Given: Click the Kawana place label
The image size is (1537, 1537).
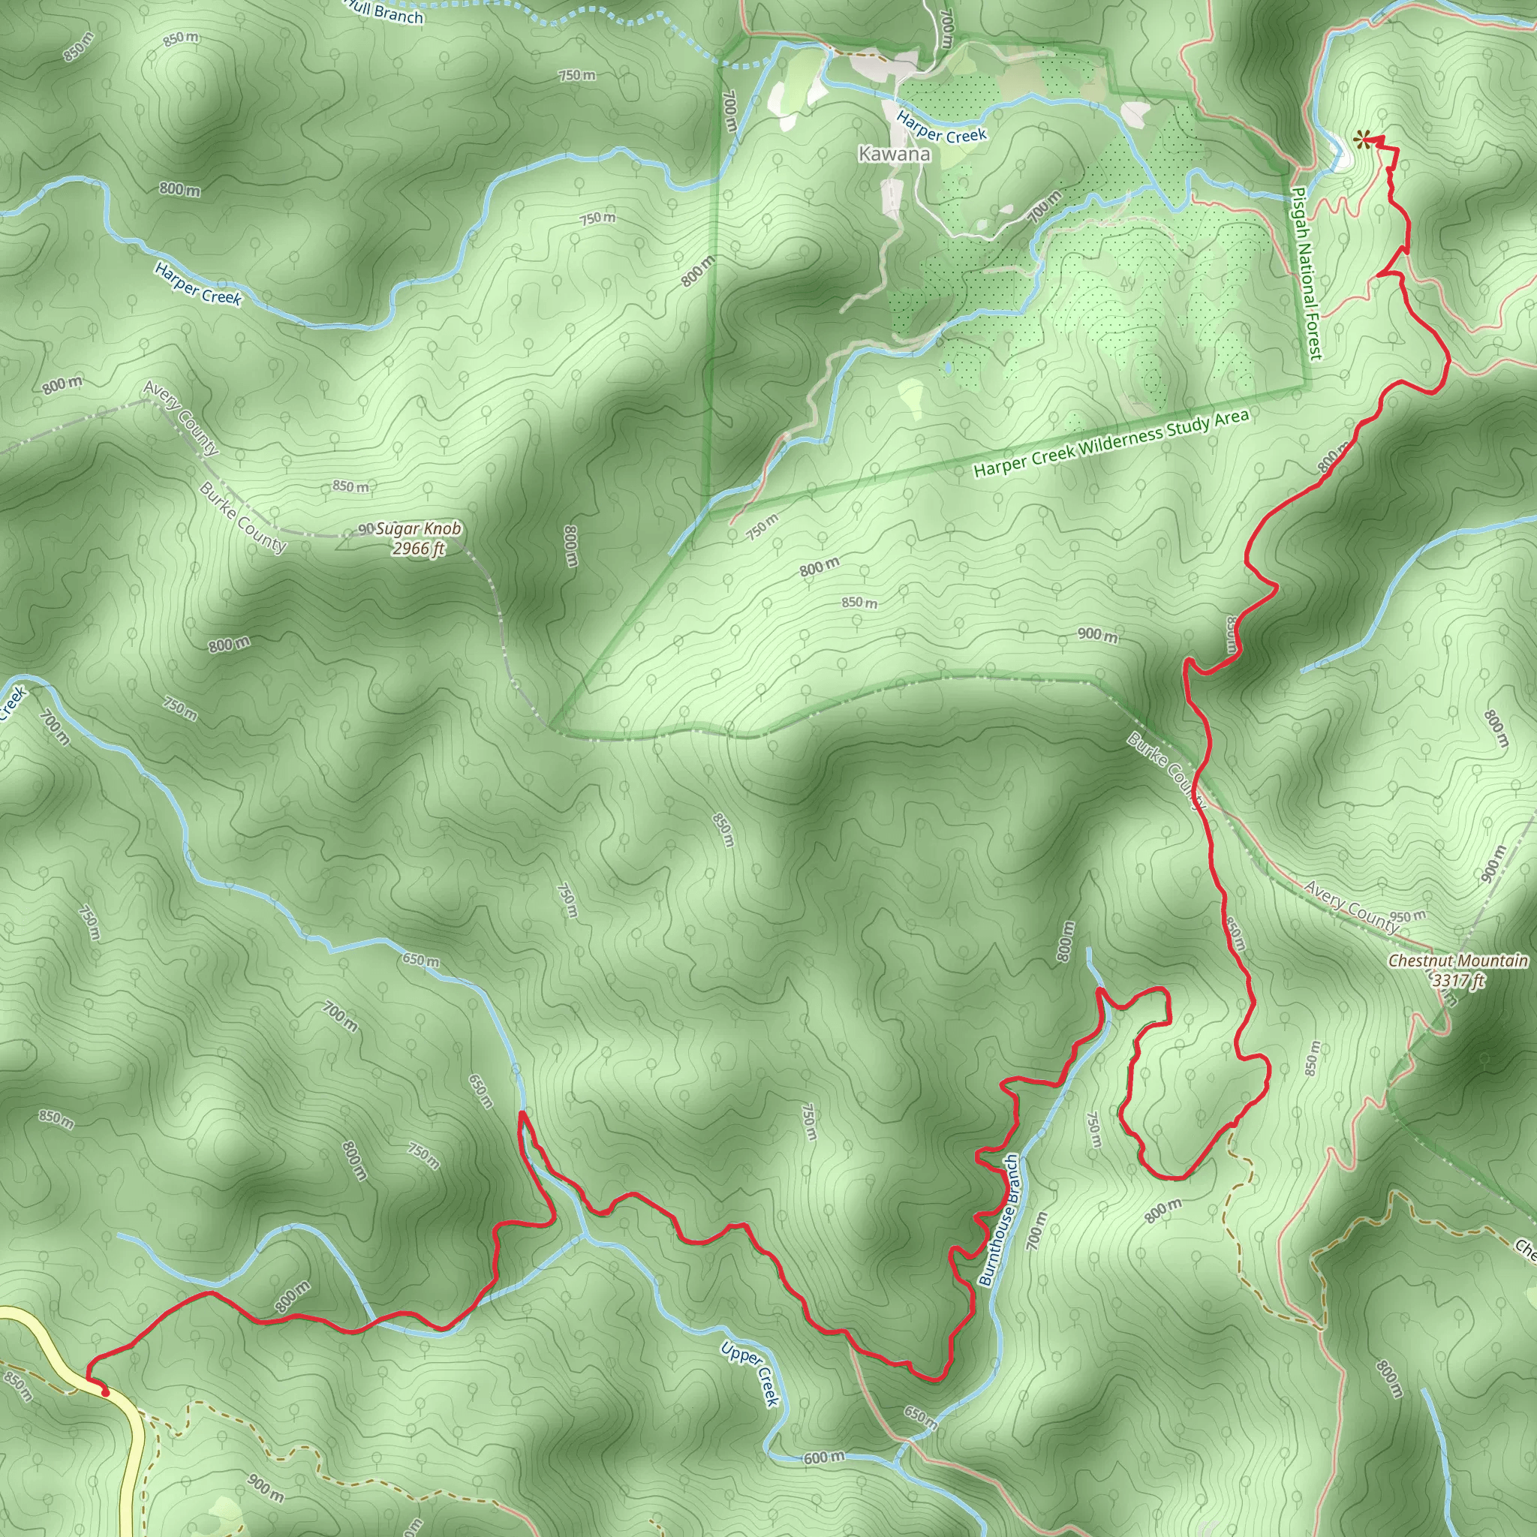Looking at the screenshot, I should point(894,155).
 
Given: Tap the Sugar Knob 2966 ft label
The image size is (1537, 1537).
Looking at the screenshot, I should point(418,539).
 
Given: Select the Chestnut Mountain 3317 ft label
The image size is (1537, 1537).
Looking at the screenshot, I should point(1457,970).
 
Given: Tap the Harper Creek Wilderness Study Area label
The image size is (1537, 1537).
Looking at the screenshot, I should point(1111,444).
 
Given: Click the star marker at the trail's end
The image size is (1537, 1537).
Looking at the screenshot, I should point(1362,142).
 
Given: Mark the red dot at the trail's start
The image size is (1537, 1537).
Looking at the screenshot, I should point(105,1392).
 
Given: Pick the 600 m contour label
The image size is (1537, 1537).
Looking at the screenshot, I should point(823,1457).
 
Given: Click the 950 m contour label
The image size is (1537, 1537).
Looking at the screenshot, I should point(1408,916).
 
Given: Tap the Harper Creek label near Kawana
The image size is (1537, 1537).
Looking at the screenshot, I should point(941,125).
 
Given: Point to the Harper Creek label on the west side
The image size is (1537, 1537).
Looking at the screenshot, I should point(198,284).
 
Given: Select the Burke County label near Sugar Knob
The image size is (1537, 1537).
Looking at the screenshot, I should point(242,517).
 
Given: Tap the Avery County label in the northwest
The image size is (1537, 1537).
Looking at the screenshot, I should point(181,418).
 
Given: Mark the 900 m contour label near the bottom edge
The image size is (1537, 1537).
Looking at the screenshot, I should point(265,1487).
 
